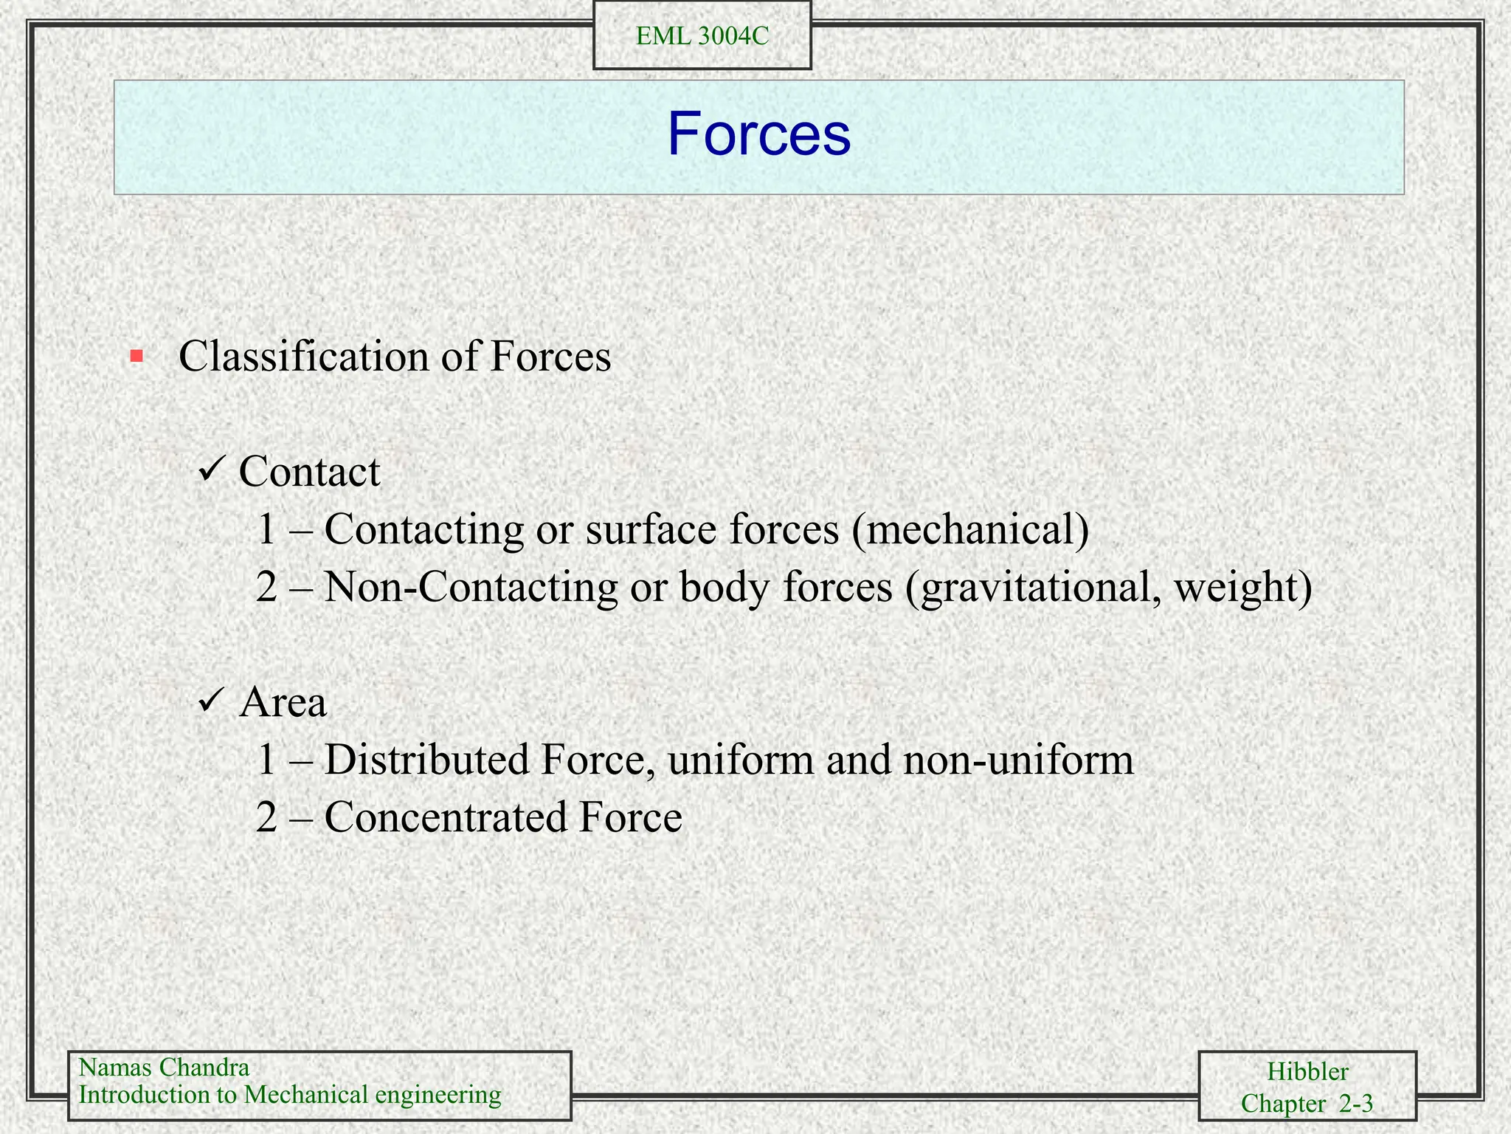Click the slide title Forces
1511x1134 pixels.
[x=758, y=134]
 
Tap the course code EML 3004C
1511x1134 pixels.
[x=702, y=36]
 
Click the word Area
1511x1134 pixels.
[x=283, y=701]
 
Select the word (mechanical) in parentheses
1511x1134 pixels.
[x=969, y=529]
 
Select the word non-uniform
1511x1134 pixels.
[x=1018, y=760]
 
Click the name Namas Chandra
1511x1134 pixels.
[x=164, y=1068]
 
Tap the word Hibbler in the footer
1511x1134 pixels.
[x=1307, y=1071]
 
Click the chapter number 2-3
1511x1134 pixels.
[x=1355, y=1104]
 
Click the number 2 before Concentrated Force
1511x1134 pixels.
[x=266, y=817]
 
